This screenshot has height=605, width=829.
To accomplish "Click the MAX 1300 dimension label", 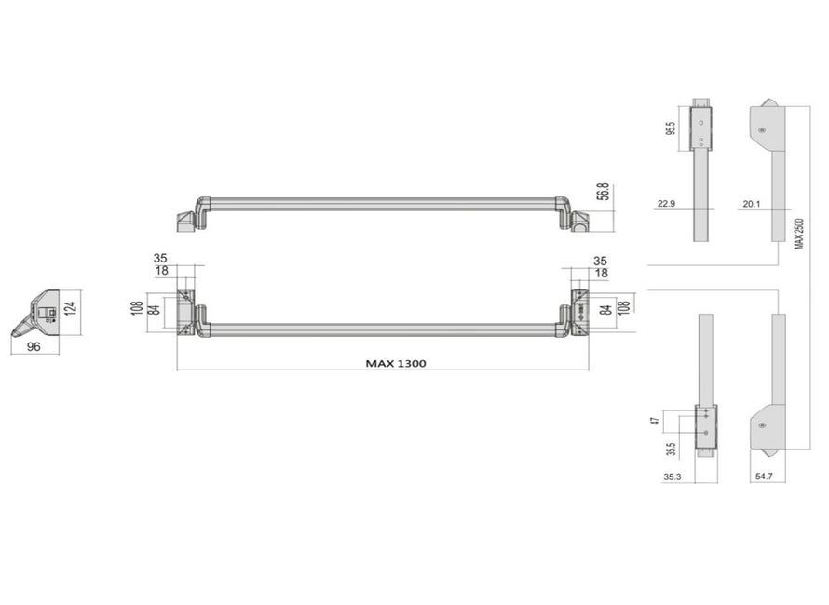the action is coord(396,363).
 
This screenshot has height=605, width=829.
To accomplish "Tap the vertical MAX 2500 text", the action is coord(799,234).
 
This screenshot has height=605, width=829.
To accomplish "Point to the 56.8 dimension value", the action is coord(604,192).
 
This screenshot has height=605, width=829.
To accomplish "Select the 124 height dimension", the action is coord(72,308).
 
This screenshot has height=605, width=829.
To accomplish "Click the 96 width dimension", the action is coord(34,346).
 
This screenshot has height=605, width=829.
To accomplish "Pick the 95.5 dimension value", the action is coord(671,128).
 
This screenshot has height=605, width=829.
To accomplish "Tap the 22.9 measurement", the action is coord(666,204).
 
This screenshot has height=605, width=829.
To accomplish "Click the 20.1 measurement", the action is coord(752,204).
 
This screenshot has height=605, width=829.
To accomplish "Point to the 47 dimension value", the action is coord(656,421).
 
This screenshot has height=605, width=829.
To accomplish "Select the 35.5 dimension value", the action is coord(671,450).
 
